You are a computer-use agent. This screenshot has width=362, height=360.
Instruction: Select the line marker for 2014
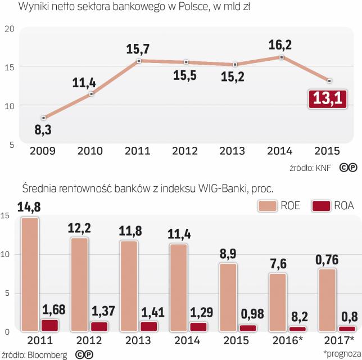coord(282,57)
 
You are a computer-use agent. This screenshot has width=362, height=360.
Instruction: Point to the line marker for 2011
coord(139,61)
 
